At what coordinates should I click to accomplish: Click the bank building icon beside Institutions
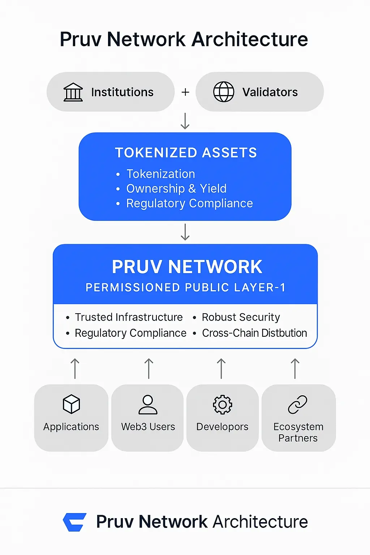click(x=73, y=92)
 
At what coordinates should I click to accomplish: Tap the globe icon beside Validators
click(x=224, y=92)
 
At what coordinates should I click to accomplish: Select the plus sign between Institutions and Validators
click(x=185, y=92)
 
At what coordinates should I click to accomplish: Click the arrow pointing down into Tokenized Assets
click(x=185, y=121)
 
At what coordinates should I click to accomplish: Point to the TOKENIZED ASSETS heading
click(x=186, y=153)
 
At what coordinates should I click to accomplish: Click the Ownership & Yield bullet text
click(x=176, y=189)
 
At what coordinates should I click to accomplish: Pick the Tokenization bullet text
click(x=160, y=174)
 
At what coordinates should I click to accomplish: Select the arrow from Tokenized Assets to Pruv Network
click(x=185, y=232)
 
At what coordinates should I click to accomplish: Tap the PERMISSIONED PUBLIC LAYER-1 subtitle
click(x=185, y=288)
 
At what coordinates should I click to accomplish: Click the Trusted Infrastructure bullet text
click(x=129, y=317)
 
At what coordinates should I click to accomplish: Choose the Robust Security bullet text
click(x=241, y=317)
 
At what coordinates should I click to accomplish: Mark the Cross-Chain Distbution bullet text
click(x=254, y=333)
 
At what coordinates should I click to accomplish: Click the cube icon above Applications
click(x=71, y=404)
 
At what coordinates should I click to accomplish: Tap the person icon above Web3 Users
click(x=148, y=404)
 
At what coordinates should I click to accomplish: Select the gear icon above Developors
click(x=222, y=405)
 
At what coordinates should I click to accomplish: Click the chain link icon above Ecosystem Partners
click(x=298, y=405)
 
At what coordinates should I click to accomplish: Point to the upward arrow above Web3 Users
click(x=149, y=369)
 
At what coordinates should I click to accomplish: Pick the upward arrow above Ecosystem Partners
click(x=295, y=369)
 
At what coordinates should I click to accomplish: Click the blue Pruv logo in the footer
click(x=75, y=522)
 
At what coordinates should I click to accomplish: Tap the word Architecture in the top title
click(x=250, y=39)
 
